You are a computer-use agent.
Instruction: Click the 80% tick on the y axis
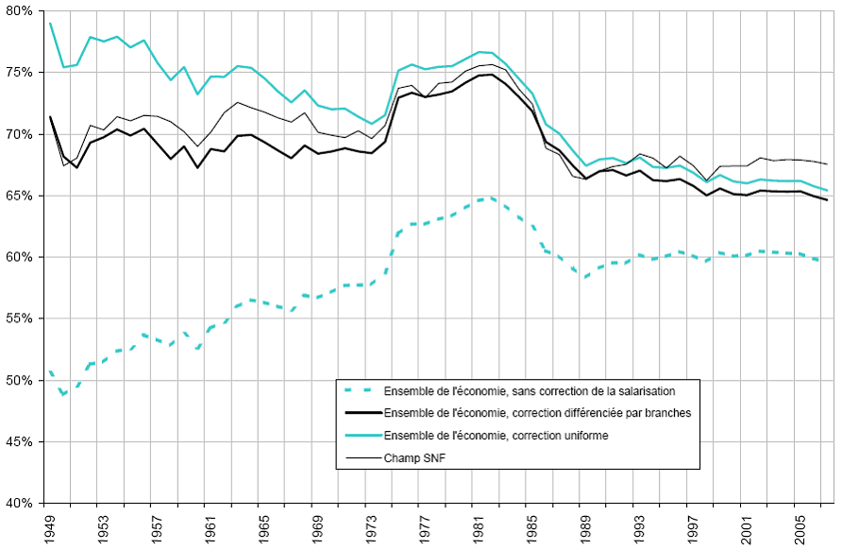click(x=21, y=11)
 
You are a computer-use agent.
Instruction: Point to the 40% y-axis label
click(x=21, y=504)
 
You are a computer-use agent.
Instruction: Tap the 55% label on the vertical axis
click(x=21, y=319)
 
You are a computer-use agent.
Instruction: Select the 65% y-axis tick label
click(x=21, y=196)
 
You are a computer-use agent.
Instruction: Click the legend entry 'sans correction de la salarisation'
click(x=529, y=390)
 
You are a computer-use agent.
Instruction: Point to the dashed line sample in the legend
click(x=362, y=390)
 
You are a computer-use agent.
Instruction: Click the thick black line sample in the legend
click(x=362, y=413)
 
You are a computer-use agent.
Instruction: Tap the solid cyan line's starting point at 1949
click(x=50, y=23)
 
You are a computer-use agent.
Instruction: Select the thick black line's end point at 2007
click(x=827, y=200)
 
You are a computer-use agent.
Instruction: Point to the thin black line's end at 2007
click(x=827, y=164)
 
